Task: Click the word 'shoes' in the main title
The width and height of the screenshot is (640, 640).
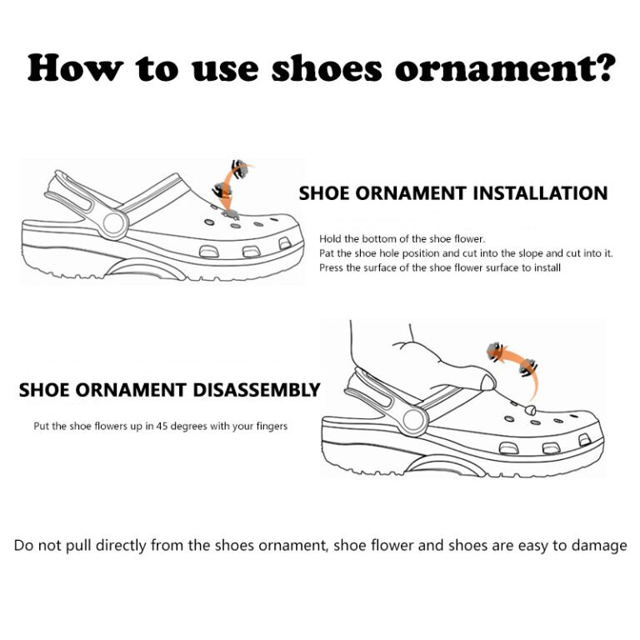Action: (327, 67)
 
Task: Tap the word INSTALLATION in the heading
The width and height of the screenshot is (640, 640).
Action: (541, 193)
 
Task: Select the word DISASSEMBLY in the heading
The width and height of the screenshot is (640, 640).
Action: (257, 390)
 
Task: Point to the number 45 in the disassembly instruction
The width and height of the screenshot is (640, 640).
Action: (162, 426)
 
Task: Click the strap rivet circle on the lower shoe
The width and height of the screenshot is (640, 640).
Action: (414, 420)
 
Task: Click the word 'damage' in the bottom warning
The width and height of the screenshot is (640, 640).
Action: (599, 546)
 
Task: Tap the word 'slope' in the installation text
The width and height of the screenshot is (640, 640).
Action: (530, 253)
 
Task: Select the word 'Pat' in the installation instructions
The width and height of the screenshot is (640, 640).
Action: (327, 253)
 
